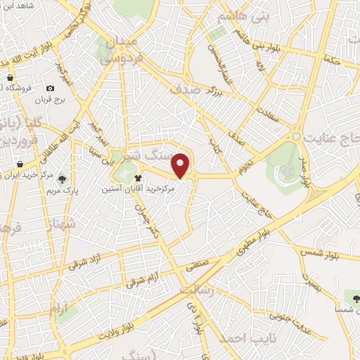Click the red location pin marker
coord(181,166)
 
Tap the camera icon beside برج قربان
coord(50,88)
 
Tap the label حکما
coord(330,61)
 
